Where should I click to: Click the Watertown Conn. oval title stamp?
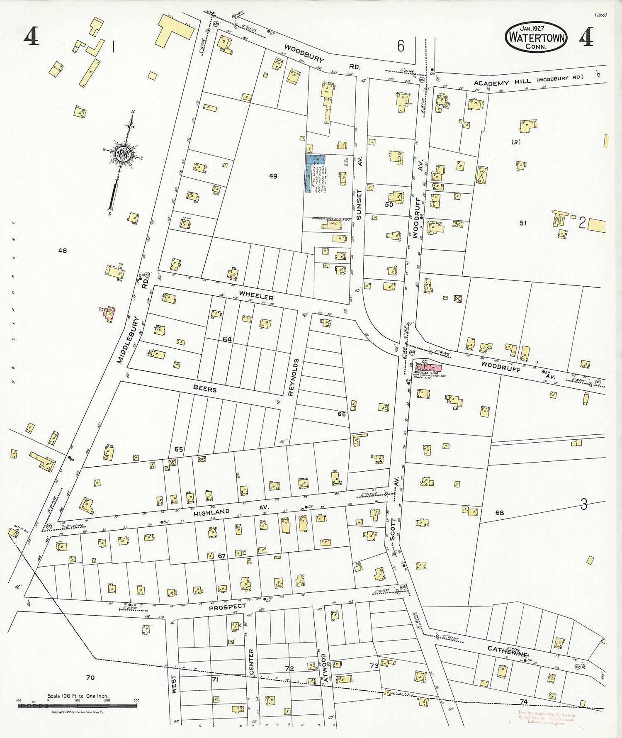536,37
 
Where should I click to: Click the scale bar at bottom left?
78,705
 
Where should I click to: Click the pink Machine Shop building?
429,367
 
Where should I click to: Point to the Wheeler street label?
256,297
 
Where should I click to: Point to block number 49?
273,176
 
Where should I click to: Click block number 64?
227,339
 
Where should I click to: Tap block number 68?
500,513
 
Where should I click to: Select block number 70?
90,677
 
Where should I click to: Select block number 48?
63,251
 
